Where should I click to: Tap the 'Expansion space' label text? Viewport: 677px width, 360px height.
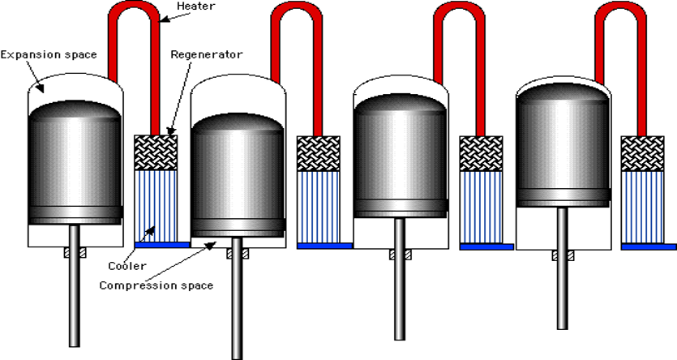pyautogui.click(x=49, y=54)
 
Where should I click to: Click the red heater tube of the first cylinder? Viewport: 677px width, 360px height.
pyautogui.click(x=135, y=16)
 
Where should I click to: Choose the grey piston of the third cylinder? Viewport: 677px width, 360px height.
pyautogui.click(x=401, y=154)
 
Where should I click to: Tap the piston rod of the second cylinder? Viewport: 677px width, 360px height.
pyautogui.click(x=236, y=300)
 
